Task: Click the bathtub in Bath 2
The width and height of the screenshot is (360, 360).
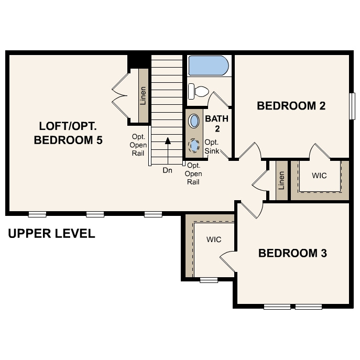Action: (x=208, y=66)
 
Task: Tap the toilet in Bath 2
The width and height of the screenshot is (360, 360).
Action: (x=198, y=91)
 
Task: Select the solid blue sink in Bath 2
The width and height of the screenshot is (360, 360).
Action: (x=194, y=121)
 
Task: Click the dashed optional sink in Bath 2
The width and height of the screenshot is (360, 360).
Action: (x=195, y=146)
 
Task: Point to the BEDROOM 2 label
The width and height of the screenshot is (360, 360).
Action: (x=291, y=106)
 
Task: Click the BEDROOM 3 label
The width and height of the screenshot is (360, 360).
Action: (x=292, y=254)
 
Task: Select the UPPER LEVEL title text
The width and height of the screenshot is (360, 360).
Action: (x=51, y=234)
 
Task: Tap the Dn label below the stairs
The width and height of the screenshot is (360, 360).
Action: (x=167, y=170)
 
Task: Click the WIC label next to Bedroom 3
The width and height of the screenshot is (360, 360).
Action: (x=213, y=239)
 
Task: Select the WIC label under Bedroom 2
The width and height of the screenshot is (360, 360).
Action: (x=319, y=176)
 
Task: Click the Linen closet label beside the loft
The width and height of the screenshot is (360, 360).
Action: (x=143, y=96)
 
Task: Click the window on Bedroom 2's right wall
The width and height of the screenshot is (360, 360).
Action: (x=352, y=107)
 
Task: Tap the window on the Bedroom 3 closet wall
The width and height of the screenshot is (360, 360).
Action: (x=209, y=280)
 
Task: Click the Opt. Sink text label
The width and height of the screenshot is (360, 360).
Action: (x=212, y=146)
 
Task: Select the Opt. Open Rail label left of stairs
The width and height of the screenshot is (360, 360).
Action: (x=138, y=145)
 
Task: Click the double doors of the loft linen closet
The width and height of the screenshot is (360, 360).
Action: (x=121, y=96)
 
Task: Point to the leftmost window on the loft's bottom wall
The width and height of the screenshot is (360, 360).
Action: (x=37, y=214)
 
